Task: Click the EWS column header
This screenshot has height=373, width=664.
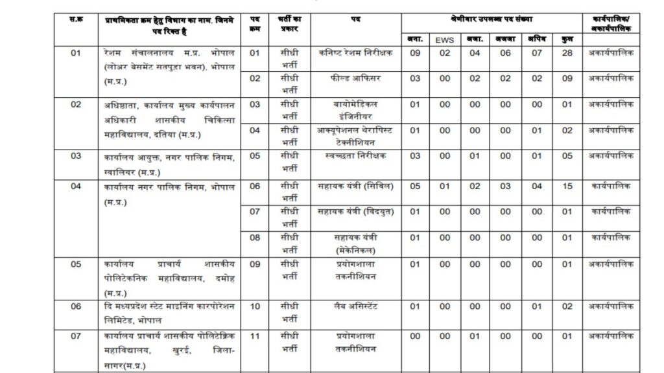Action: pyautogui.click(x=445, y=40)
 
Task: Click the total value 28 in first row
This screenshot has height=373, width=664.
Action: pyautogui.click(x=567, y=53)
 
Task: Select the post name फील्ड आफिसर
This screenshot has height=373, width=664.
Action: pyautogui.click(x=357, y=78)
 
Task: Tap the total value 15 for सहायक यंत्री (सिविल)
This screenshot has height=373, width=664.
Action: pyautogui.click(x=567, y=185)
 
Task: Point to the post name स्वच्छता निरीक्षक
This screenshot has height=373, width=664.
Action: pyautogui.click(x=357, y=155)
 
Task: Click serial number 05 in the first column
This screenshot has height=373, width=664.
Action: pyautogui.click(x=76, y=264)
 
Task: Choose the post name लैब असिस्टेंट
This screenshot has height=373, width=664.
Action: pyautogui.click(x=357, y=306)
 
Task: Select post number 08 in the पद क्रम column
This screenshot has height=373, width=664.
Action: pyautogui.click(x=255, y=238)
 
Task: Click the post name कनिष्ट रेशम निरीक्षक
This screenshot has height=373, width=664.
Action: pyautogui.click(x=357, y=53)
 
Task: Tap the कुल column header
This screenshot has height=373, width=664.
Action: pyautogui.click(x=567, y=40)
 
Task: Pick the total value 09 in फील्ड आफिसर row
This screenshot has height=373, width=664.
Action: pyautogui.click(x=567, y=78)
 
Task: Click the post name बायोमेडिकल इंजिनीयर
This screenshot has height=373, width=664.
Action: pyautogui.click(x=357, y=109)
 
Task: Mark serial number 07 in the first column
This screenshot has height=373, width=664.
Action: pyautogui.click(x=76, y=336)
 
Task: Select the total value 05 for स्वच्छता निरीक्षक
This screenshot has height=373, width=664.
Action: pyautogui.click(x=567, y=155)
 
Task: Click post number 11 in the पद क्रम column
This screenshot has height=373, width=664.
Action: pyautogui.click(x=255, y=336)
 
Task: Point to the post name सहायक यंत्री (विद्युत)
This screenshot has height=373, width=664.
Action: pyautogui.click(x=357, y=211)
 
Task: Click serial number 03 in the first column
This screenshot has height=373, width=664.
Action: pyautogui.click(x=76, y=155)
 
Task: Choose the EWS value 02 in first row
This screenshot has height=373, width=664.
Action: pyautogui.click(x=445, y=53)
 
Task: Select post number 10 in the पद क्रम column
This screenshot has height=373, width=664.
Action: pyautogui.click(x=255, y=306)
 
